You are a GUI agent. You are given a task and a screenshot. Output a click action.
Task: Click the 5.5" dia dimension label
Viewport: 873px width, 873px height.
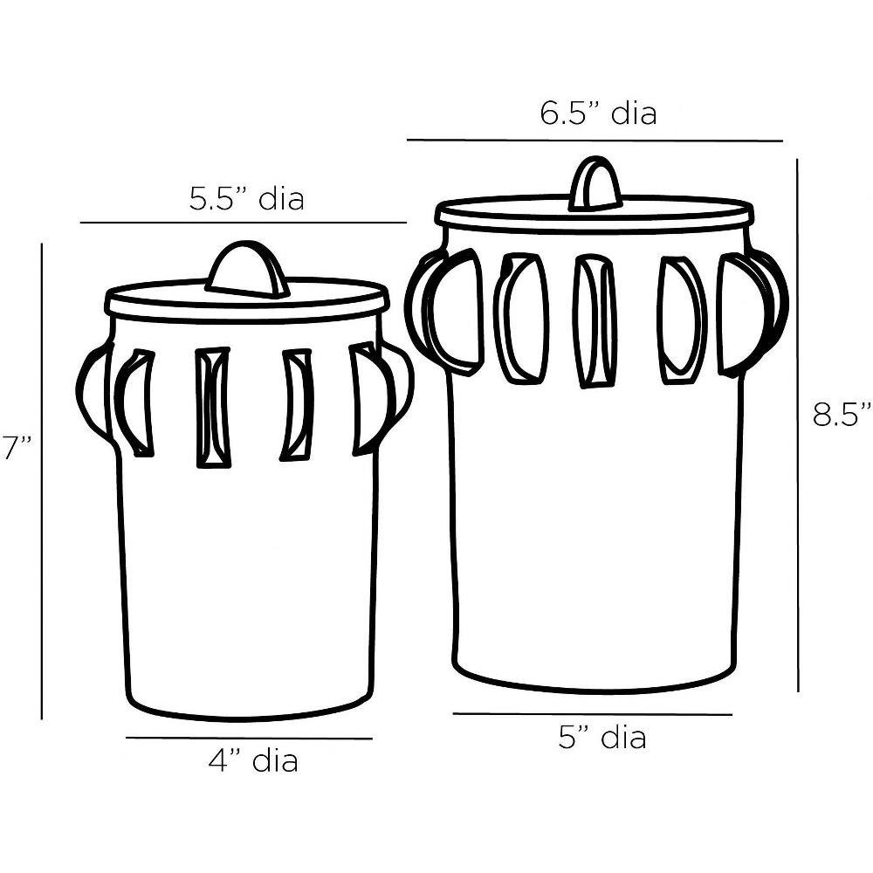pyautogui.click(x=247, y=199)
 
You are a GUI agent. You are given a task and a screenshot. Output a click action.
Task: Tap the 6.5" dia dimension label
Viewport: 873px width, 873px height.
pyautogui.click(x=599, y=113)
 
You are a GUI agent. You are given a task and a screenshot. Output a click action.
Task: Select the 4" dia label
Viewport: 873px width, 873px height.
pyautogui.click(x=253, y=760)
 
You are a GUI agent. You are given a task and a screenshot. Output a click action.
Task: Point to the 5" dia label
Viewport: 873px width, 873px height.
pyautogui.click(x=602, y=738)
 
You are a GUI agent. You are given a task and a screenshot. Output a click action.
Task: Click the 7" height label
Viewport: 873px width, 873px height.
pyautogui.click(x=17, y=447)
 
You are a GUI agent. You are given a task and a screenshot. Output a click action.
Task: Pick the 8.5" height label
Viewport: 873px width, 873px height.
pyautogui.click(x=842, y=414)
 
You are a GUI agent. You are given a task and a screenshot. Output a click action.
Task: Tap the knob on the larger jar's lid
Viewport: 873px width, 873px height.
pyautogui.click(x=595, y=183)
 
